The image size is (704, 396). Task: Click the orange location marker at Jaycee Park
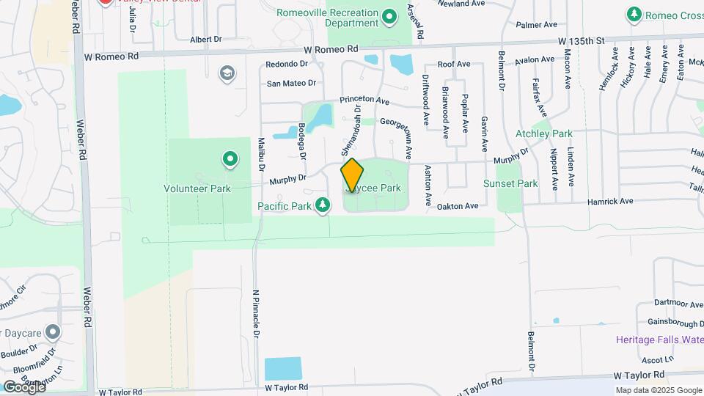pos(352,175)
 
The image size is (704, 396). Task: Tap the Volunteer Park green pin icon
pos(230,158)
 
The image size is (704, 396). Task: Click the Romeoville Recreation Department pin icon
pos(390,15)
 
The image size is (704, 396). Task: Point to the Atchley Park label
pos(543,134)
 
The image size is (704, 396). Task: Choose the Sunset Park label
pos(510,183)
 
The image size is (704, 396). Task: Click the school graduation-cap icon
pos(227,73)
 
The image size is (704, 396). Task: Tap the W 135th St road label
pos(579,41)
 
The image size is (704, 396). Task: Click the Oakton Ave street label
pos(457,206)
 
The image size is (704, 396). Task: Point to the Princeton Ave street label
pos(364,99)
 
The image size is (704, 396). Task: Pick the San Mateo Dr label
pos(291,84)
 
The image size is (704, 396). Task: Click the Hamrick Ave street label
pos(610,201)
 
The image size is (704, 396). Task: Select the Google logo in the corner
pos(23,386)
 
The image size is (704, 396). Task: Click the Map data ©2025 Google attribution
pos(658,390)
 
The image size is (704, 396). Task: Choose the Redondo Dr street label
pos(285,65)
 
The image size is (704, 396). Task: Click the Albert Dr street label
pos(205,40)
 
